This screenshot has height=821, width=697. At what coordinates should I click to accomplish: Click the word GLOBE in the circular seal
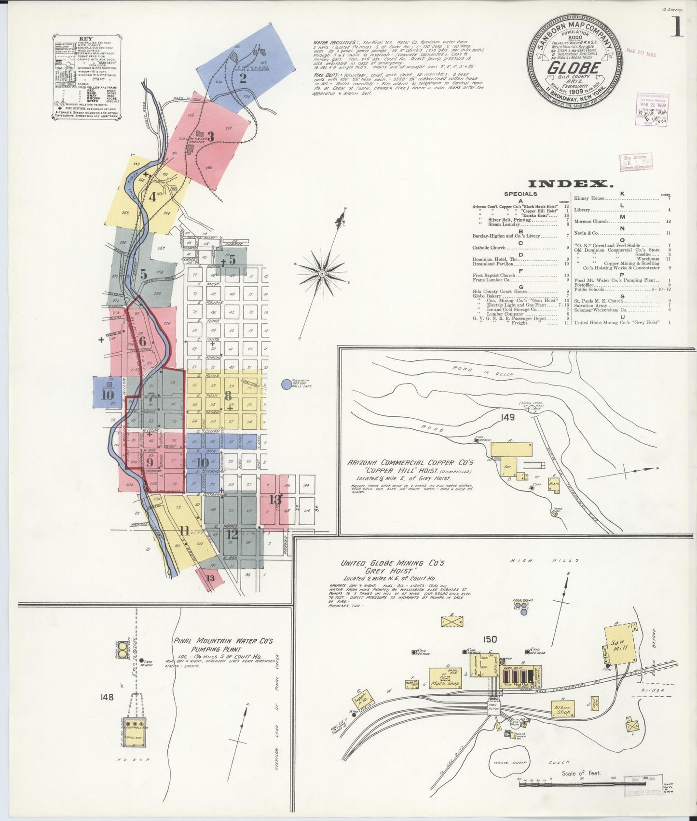(x=574, y=67)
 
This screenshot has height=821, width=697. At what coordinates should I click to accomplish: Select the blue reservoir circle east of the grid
(x=287, y=384)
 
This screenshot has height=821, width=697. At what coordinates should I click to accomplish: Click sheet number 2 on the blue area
(x=243, y=78)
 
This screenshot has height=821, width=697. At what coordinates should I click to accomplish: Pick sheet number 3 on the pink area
(x=210, y=136)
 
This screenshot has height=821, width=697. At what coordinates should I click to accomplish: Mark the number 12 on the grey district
(x=232, y=534)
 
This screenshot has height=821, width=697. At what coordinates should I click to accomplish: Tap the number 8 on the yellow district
(x=227, y=396)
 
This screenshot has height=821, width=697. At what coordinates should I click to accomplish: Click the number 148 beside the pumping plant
(x=107, y=697)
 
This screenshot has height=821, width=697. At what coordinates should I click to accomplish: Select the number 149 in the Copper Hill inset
(x=507, y=417)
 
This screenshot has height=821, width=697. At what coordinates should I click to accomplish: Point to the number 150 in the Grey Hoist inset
(x=490, y=639)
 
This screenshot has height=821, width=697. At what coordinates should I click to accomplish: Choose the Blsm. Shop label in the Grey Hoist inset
(x=563, y=709)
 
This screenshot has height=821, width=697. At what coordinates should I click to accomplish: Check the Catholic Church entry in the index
(x=489, y=248)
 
